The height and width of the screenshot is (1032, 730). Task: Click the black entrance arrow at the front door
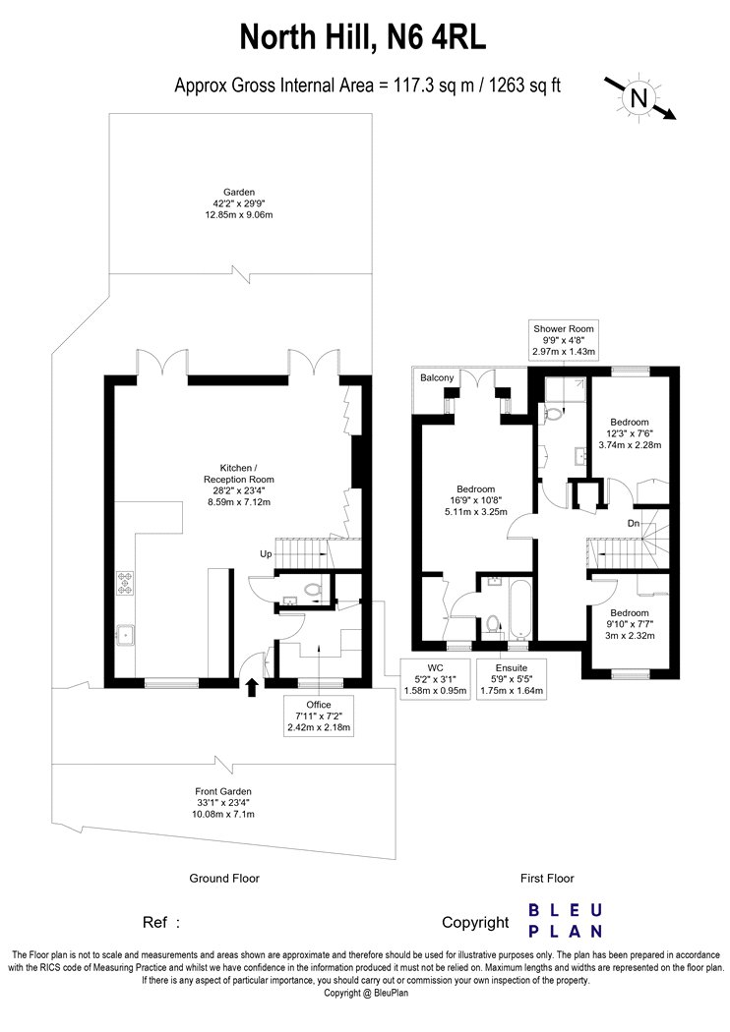[252, 688]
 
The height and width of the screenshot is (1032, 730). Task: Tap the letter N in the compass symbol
[639, 98]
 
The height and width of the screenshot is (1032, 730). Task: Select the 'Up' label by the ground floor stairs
[266, 553]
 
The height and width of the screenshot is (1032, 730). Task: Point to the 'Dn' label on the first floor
[634, 523]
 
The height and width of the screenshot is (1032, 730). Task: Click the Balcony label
[437, 377]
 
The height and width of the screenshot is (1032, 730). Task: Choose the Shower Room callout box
[564, 340]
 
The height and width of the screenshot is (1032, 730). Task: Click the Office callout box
[319, 717]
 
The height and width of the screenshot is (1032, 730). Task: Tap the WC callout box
[435, 678]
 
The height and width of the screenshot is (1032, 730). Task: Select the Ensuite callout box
[512, 678]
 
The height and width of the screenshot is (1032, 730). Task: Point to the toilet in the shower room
[552, 414]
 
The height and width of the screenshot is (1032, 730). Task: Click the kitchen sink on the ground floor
[125, 635]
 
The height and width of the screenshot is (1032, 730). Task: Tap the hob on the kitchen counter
[125, 583]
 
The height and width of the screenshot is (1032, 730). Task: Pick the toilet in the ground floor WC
[312, 588]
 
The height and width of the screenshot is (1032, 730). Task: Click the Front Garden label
[223, 803]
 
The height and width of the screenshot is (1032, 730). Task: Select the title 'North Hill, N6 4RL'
[363, 37]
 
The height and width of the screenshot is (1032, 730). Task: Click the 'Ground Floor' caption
[224, 878]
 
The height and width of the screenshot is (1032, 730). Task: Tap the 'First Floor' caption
[547, 878]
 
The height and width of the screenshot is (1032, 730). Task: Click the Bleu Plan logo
[566, 921]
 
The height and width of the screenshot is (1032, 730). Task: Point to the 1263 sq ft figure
[524, 85]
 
